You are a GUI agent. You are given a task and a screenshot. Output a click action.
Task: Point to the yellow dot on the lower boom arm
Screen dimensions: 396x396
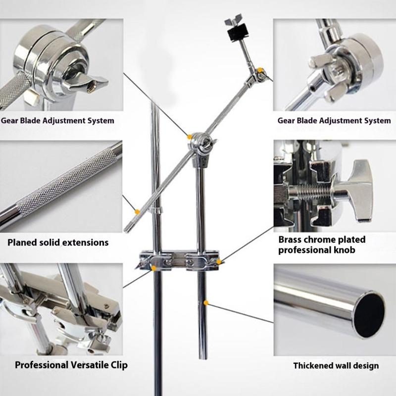click(x=136, y=211)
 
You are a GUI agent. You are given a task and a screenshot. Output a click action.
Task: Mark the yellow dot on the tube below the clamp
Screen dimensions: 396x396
click(x=206, y=301)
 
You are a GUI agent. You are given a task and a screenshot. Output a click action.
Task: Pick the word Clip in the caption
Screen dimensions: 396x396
click(x=118, y=365)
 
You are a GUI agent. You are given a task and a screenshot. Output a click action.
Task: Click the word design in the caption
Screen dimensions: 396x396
click(x=367, y=366)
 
